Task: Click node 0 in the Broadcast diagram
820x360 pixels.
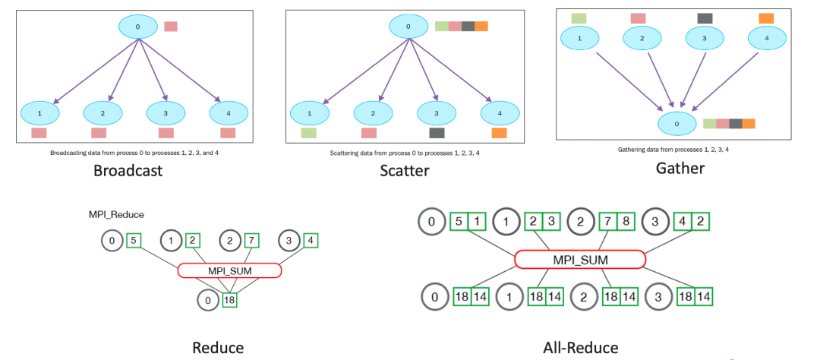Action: tap(137, 27)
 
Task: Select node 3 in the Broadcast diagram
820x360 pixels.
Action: tap(165, 113)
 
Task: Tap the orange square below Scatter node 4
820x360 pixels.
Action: tap(499, 133)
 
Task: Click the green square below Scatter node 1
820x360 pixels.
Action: tap(308, 133)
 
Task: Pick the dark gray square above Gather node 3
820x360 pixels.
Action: tap(705, 18)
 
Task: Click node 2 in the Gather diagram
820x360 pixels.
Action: tap(642, 36)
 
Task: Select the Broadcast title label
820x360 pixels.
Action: tap(128, 169)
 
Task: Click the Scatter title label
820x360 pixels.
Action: tap(405, 170)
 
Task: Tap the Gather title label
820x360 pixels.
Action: tap(680, 168)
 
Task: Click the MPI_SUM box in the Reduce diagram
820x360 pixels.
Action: tap(229, 270)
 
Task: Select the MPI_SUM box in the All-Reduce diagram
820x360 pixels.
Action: tap(580, 260)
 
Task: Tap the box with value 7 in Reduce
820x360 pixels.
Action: tap(251, 240)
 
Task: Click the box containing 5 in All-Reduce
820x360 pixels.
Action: tap(459, 223)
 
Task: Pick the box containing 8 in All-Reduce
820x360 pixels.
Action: tap(625, 223)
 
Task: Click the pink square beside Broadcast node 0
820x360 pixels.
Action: tap(171, 27)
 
